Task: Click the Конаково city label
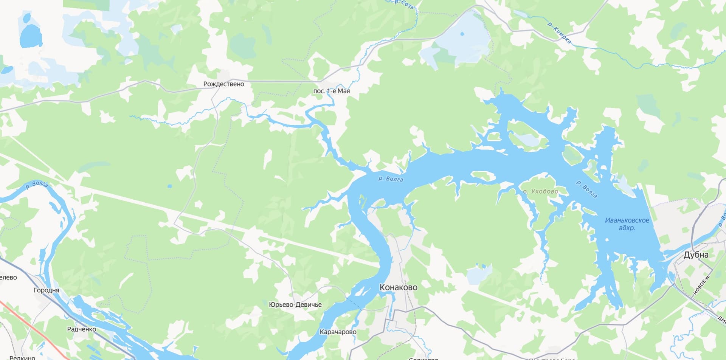[x=398, y=287]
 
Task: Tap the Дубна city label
[x=696, y=255]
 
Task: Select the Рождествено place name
[x=223, y=84]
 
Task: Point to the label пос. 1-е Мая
[x=331, y=91]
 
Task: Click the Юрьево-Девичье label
[x=295, y=305]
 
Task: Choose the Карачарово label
[x=338, y=332]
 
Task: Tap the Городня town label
[x=46, y=290]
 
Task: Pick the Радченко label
[x=81, y=329]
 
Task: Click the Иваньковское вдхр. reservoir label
[x=627, y=224]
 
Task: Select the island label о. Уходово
[x=540, y=191]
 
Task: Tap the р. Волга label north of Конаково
[x=391, y=179]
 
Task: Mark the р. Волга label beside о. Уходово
[x=586, y=189]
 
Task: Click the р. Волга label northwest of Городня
[x=37, y=185]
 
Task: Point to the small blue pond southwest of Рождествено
[x=169, y=186]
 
